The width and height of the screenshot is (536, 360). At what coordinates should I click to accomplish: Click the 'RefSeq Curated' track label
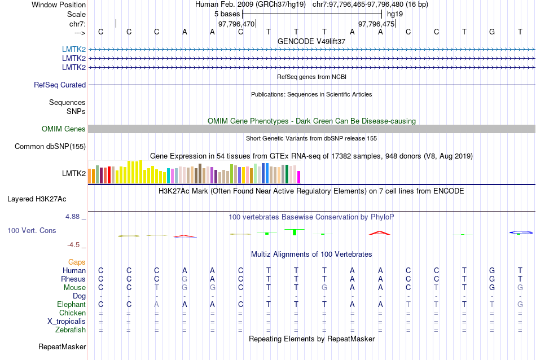tap(60, 85)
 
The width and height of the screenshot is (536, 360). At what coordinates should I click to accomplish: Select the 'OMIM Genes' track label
tap(64, 129)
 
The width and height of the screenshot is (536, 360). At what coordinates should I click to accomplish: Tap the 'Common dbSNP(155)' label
tap(50, 147)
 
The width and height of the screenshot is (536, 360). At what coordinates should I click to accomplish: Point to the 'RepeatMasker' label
tap(62, 346)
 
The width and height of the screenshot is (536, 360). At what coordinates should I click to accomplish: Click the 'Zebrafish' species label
tap(71, 330)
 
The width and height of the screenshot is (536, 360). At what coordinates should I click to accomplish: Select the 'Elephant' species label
tap(71, 305)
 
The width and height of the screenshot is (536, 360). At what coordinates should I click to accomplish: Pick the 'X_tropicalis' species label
tap(67, 322)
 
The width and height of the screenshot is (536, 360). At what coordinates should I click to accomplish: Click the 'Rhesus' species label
tap(73, 279)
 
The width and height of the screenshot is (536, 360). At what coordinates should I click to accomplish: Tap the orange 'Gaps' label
tap(77, 262)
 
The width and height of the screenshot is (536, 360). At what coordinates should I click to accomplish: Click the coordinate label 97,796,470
tap(236, 24)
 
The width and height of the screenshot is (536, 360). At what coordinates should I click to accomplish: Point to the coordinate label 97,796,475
tap(376, 24)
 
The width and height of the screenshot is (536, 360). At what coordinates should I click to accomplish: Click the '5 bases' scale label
tap(227, 14)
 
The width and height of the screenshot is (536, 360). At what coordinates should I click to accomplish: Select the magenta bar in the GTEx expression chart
tap(299, 177)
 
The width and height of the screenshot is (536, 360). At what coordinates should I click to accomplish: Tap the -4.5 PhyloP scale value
tap(74, 245)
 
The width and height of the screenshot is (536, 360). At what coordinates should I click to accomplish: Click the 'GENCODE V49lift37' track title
tap(311, 41)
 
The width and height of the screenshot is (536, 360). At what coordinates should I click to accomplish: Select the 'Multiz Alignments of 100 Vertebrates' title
tap(311, 254)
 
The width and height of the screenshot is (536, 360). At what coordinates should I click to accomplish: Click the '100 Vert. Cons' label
tap(32, 231)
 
